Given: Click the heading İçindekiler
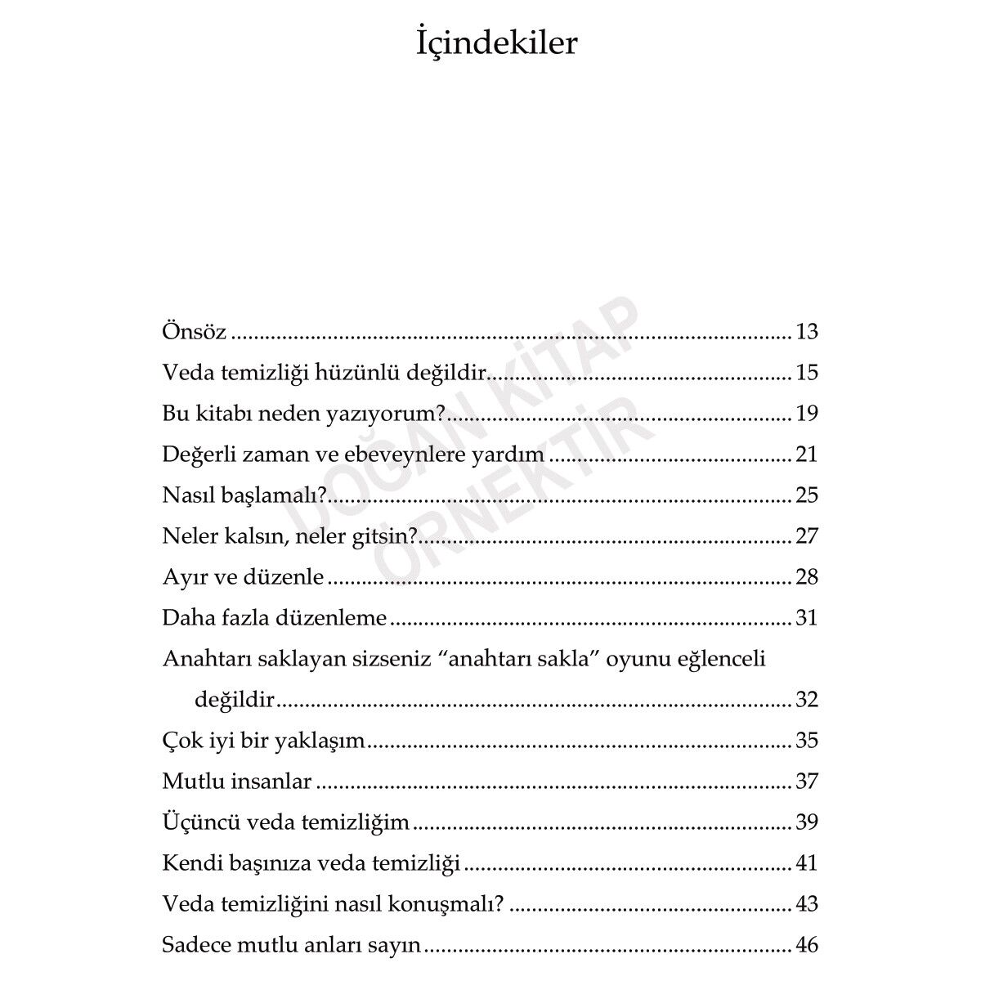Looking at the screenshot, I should [496, 44].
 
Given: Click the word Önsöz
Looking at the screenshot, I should [195, 332].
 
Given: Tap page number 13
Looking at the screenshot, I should [806, 332].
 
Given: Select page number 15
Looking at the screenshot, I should [806, 373].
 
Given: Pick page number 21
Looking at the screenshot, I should [806, 455].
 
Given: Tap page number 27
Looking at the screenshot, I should [806, 536].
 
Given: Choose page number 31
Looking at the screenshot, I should [806, 618].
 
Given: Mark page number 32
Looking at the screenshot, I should [806, 700].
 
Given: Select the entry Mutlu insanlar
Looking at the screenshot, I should [237, 782].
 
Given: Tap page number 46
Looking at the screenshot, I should [806, 946].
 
